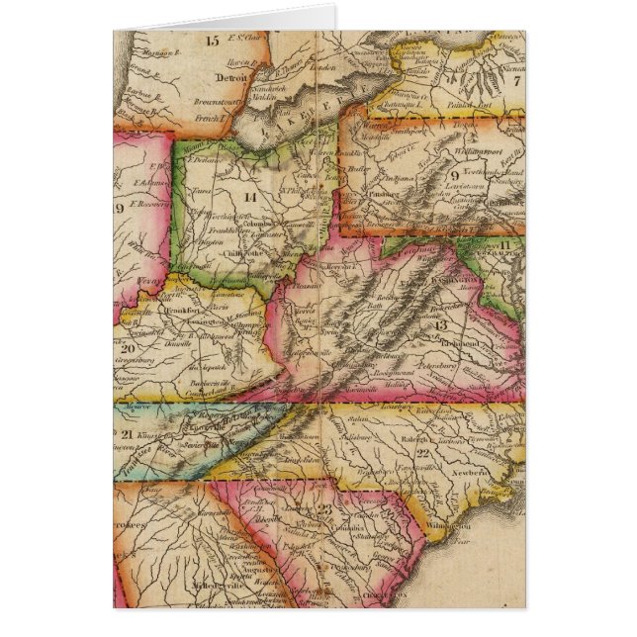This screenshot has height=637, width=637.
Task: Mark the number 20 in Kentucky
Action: pos(126,347)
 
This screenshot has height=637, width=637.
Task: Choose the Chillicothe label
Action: pos(241,253)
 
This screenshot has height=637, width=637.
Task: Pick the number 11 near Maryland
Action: pos(503,243)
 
